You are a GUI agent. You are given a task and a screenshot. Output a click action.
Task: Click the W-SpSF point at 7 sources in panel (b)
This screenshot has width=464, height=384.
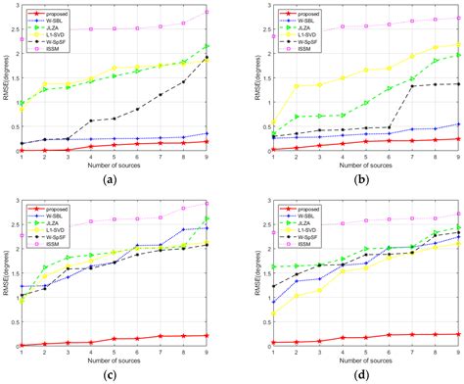tap(410, 86)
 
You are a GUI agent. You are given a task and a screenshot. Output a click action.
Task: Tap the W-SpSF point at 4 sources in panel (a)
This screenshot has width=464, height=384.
tap(91, 120)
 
